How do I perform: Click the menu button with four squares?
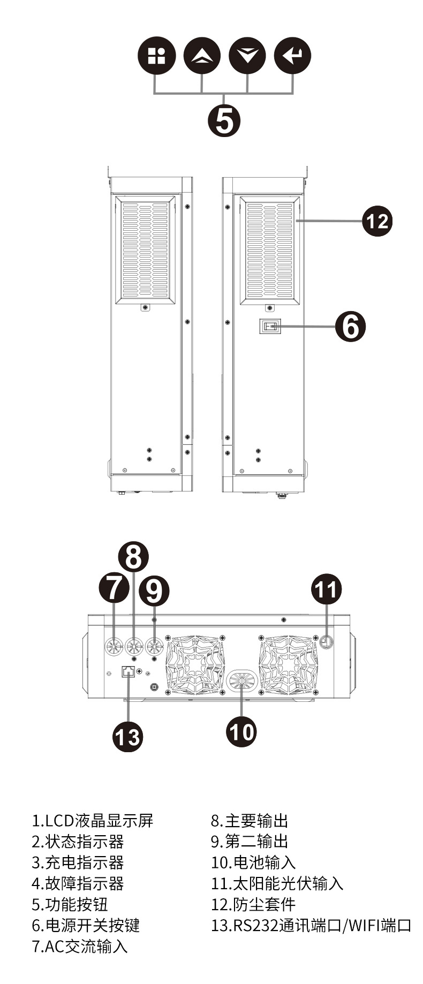[x=157, y=56]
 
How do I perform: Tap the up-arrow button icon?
[x=202, y=56]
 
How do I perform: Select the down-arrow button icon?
[x=247, y=56]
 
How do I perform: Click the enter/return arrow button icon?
[x=292, y=56]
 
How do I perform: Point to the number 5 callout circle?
[x=224, y=120]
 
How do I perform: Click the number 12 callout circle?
[x=377, y=221]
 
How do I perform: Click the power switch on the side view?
[x=270, y=326]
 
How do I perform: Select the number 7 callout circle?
[x=114, y=587]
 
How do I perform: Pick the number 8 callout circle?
[x=133, y=557]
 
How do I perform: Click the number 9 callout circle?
[x=154, y=592]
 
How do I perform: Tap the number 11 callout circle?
[x=327, y=589]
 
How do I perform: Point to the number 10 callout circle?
[x=241, y=731]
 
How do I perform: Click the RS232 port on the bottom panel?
[x=129, y=672]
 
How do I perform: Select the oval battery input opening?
[x=242, y=682]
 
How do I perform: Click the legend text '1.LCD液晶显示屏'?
[x=93, y=821]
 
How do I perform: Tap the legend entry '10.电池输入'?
[x=253, y=862]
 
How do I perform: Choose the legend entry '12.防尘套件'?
[x=253, y=904]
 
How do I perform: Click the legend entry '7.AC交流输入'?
[x=80, y=946]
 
